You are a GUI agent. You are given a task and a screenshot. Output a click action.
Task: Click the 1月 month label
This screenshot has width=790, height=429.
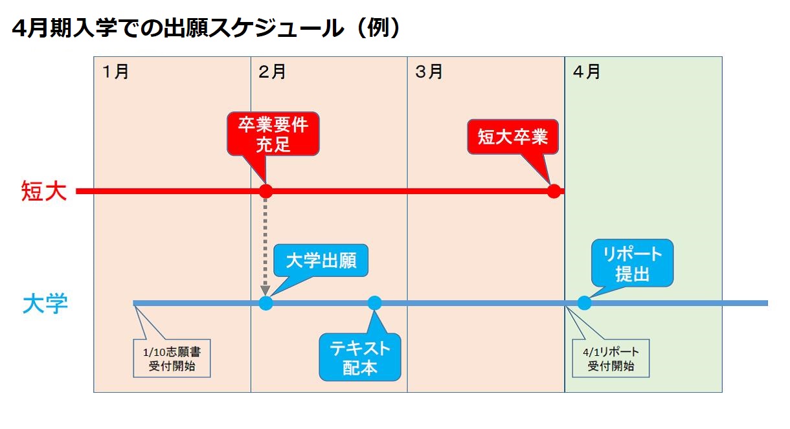click(x=116, y=72)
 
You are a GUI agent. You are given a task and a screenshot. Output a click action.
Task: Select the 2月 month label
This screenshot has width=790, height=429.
click(x=272, y=72)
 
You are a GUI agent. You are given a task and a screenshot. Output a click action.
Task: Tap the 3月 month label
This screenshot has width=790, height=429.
click(x=429, y=72)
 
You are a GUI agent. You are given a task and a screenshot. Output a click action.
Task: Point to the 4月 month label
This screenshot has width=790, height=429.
click(x=587, y=72)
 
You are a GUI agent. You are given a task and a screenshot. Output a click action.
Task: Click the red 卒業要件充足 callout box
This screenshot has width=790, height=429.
click(x=273, y=134)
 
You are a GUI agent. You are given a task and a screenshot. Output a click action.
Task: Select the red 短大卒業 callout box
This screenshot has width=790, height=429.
click(x=513, y=137)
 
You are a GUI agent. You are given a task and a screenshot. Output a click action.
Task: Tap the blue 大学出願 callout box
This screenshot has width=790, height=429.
click(x=321, y=260)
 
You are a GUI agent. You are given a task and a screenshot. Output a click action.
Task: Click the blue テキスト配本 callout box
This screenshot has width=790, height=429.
click(x=360, y=357)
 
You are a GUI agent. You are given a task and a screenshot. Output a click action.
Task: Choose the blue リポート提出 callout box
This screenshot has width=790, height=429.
click(x=633, y=263)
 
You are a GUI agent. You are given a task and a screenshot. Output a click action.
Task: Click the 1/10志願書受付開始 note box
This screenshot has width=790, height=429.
click(x=172, y=358)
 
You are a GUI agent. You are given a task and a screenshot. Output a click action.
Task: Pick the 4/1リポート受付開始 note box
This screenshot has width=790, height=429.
click(x=611, y=358)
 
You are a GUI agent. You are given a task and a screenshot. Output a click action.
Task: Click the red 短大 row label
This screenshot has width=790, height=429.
click(x=44, y=191)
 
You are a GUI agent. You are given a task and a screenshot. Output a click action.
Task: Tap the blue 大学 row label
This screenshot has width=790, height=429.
click(x=45, y=303)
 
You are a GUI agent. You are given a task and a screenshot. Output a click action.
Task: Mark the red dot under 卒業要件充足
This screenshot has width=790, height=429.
click(x=265, y=192)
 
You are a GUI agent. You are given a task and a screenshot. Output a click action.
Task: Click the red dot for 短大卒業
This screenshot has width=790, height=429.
click(x=554, y=192)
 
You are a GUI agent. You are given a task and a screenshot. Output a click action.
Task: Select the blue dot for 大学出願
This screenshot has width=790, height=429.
click(x=265, y=303)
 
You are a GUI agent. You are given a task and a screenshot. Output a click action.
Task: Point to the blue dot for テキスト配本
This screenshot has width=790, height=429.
click(x=374, y=303)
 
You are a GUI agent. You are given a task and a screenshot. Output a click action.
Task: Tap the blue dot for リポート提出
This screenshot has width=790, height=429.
click(x=584, y=303)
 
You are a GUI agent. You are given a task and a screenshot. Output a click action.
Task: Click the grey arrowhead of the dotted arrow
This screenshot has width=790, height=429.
click(x=265, y=291)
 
